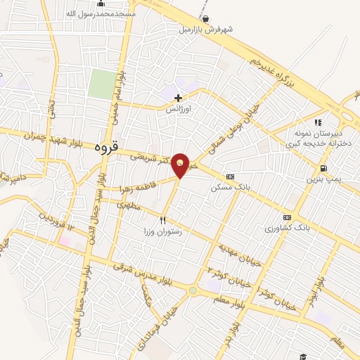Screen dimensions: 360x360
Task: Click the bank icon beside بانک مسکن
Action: (x=230, y=176)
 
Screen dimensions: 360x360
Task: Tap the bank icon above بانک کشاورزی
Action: (x=287, y=217)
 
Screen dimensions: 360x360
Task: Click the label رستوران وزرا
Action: (x=164, y=231)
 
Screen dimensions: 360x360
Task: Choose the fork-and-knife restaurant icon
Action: (x=164, y=220)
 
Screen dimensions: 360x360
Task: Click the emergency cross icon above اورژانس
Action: (x=179, y=98)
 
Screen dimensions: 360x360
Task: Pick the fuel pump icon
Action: (x=323, y=168)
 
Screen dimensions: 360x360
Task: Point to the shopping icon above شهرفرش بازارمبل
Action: (x=205, y=19)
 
